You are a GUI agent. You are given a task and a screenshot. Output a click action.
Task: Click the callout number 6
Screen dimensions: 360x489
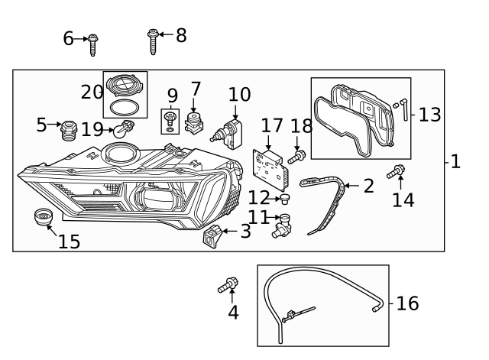pos(68,38)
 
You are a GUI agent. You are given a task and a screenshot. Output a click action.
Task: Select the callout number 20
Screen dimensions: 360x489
pos(91,92)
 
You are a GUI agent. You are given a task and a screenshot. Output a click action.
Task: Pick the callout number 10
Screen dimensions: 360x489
pos(239,94)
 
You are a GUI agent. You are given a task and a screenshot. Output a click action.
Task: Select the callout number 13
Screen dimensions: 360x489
pos(430,115)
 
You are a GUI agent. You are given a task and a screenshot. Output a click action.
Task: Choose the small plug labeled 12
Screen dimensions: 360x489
pos(285,200)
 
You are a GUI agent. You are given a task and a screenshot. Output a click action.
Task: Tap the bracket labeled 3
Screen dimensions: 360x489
pos(212,236)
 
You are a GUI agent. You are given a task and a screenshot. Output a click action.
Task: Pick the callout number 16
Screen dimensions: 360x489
pos(408,303)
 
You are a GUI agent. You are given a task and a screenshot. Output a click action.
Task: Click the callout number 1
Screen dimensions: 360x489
pos(455,161)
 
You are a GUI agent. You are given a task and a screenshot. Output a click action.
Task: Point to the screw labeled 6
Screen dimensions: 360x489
pos(92,44)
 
